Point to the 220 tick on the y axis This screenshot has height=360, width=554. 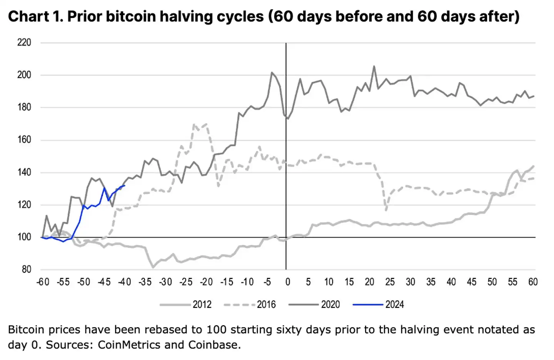(x=24, y=42)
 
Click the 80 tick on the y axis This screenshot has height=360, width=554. (x=26, y=270)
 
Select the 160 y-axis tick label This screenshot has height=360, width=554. (x=24, y=140)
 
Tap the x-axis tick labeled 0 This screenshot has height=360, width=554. (x=287, y=282)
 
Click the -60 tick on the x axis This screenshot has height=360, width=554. (x=43, y=282)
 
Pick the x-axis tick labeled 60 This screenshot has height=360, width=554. (x=533, y=282)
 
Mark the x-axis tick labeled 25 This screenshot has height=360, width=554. (x=390, y=282)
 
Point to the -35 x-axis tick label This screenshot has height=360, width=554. (x=145, y=282)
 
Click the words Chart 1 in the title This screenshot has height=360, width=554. (x=35, y=17)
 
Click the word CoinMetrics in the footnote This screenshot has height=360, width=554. (x=129, y=345)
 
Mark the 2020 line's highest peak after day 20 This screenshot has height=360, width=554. (x=374, y=66)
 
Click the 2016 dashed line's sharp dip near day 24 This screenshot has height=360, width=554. (x=386, y=210)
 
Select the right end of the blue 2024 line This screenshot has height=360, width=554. (x=124, y=186)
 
